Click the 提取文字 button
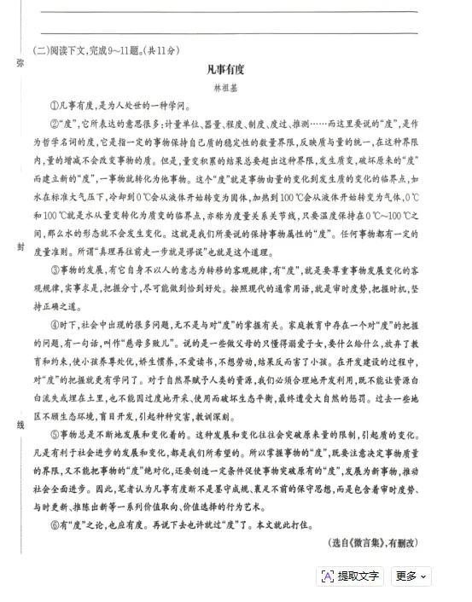click(350, 576)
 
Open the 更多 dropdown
click(411, 576)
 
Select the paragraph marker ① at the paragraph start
click(54, 106)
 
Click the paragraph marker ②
click(54, 124)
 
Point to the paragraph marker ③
click(54, 269)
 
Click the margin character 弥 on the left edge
click(19, 63)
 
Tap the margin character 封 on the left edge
click(19, 246)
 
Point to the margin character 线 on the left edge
click(19, 424)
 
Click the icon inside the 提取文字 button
click(328, 576)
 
